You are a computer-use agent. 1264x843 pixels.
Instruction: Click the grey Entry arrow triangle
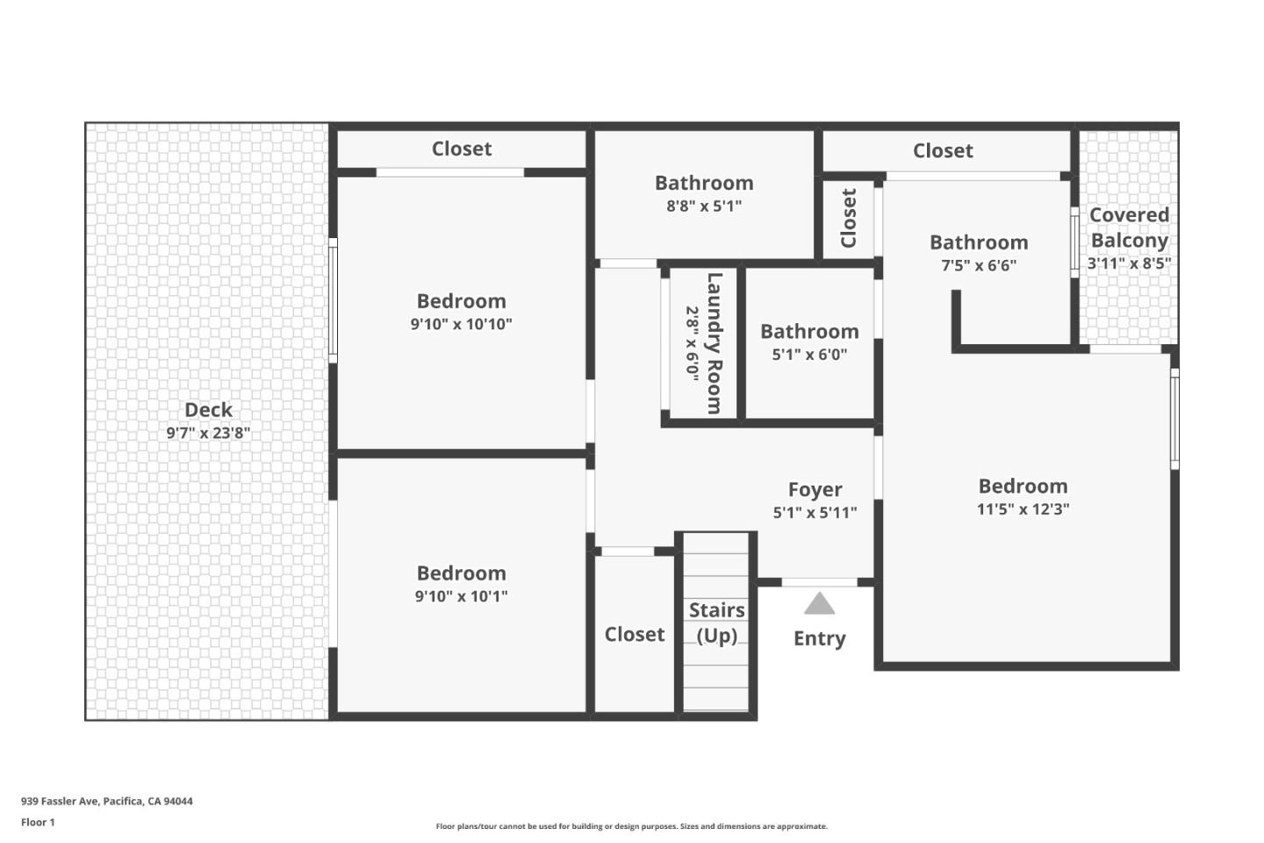click(x=819, y=604)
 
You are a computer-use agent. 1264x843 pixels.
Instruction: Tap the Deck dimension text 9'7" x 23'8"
click(x=208, y=433)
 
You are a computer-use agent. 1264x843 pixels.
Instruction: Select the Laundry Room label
click(x=715, y=343)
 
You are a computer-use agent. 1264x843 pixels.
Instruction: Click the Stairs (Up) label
click(x=716, y=623)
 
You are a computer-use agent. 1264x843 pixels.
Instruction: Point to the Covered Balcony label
click(x=1129, y=227)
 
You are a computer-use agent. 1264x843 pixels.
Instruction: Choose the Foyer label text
click(x=815, y=490)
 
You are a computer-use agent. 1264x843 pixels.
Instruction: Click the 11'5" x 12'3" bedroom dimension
click(x=1023, y=509)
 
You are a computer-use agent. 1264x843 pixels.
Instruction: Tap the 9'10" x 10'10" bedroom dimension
click(x=461, y=324)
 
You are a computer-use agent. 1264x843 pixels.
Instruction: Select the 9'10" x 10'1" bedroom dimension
click(x=461, y=596)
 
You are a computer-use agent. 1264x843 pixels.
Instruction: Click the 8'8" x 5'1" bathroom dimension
click(x=704, y=206)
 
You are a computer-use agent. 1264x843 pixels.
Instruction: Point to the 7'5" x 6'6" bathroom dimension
click(x=979, y=265)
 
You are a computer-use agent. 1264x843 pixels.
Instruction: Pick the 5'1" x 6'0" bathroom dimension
click(x=809, y=355)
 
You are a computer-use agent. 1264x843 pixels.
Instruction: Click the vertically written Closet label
click(x=848, y=219)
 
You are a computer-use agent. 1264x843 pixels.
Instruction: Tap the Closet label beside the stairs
click(x=635, y=634)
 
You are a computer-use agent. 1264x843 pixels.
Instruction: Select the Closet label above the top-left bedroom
click(x=462, y=149)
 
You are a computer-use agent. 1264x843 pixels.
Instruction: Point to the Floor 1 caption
click(x=38, y=823)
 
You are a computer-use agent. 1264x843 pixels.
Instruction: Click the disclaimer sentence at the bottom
click(x=631, y=826)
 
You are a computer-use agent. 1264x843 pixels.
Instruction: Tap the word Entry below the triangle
click(x=819, y=638)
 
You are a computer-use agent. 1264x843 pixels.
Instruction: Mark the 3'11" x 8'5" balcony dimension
click(x=1129, y=263)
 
